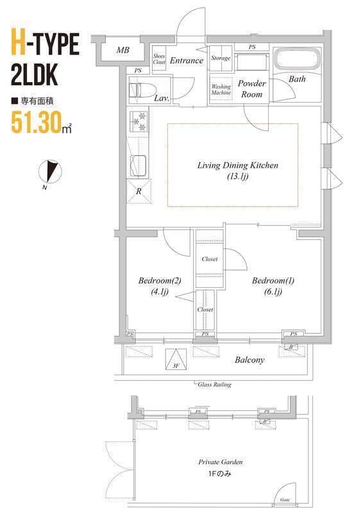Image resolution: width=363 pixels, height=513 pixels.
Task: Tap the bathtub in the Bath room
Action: point(296,60)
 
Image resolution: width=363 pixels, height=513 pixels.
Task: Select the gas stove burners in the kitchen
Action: point(139,121)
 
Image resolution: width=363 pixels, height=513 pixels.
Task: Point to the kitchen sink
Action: point(139,166)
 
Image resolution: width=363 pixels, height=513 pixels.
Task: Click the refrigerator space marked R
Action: point(139,191)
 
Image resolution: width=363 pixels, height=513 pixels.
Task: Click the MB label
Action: point(122,50)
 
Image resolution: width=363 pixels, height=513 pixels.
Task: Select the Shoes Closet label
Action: point(159,59)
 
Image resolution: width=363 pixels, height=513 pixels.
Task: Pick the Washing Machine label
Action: point(221,89)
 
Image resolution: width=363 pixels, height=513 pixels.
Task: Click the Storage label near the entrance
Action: point(221,58)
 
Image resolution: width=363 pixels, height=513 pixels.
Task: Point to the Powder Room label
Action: point(251,88)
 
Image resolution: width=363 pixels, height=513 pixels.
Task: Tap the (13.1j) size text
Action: point(238,176)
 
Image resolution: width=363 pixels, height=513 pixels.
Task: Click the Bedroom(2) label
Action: point(160,280)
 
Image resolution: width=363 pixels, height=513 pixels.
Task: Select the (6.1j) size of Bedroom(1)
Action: point(273,292)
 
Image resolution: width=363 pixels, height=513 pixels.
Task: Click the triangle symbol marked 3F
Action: point(176,359)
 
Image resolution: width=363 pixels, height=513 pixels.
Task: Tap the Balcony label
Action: point(249,360)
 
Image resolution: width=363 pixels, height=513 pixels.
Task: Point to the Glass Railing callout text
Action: point(214,384)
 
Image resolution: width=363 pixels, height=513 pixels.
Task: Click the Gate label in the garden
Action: point(285,500)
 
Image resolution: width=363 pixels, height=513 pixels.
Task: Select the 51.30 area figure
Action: point(37,122)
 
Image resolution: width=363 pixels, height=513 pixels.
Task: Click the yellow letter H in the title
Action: point(19,43)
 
